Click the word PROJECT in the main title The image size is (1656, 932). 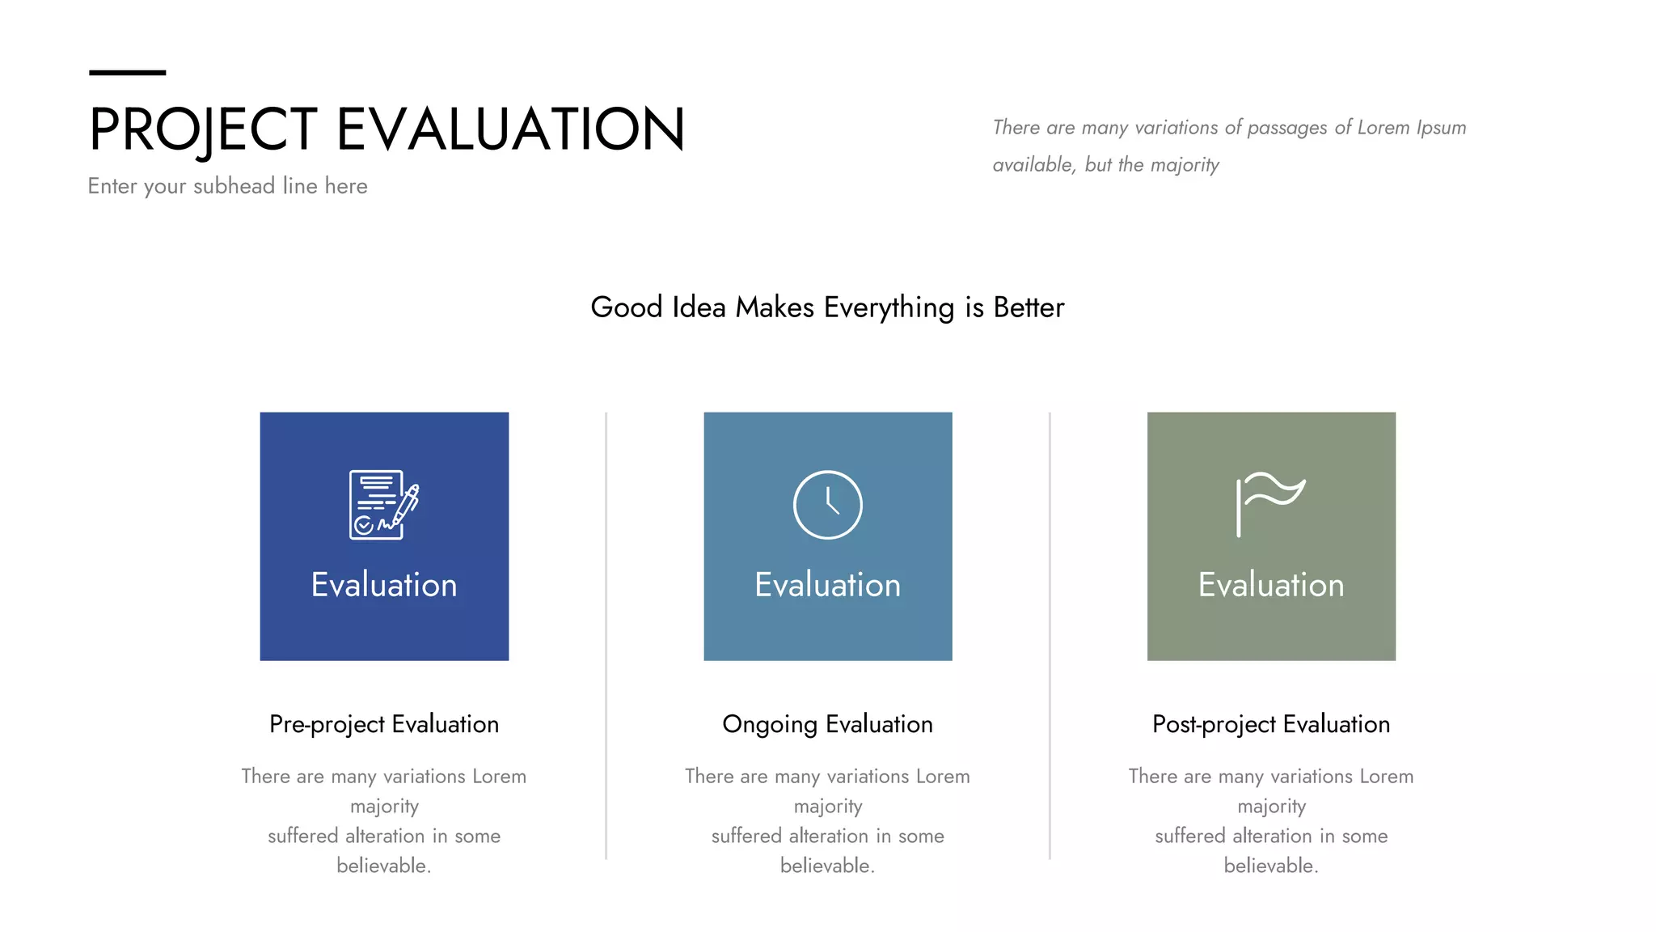point(203,129)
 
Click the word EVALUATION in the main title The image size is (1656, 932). point(510,129)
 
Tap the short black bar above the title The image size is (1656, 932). point(127,73)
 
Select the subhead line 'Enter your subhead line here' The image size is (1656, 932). point(227,186)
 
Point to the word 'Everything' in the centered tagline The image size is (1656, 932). point(889,308)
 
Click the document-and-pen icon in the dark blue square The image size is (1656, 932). point(384,504)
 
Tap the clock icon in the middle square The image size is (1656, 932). point(827,504)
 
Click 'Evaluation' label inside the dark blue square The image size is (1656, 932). point(384,585)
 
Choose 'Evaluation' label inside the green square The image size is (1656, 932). point(1270,585)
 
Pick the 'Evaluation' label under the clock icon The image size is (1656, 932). point(827,585)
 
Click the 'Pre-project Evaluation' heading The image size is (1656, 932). point(384,724)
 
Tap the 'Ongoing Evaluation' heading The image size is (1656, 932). point(827,724)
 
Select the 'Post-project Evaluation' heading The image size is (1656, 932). point(1270,724)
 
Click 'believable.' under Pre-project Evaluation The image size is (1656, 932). point(384,866)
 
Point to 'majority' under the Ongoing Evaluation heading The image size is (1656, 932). point(827,807)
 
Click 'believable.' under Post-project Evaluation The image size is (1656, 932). point(1270,866)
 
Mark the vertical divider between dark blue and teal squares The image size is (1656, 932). point(606,635)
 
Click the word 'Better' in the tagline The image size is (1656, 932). point(1029,308)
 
